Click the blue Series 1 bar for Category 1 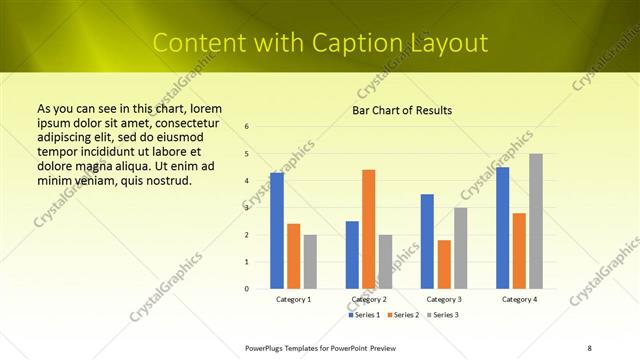[277, 231]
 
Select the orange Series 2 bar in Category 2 [369, 229]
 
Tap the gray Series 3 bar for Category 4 [536, 221]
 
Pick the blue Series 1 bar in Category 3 [427, 241]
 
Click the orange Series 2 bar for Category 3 [444, 264]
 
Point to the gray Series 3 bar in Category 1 [310, 262]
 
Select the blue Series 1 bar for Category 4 [502, 228]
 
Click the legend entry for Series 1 [364, 315]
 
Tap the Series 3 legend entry [443, 315]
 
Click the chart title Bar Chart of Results [402, 110]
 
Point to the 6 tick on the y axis [247, 127]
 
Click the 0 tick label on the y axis [247, 289]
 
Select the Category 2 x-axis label [369, 299]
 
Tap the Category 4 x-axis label [519, 299]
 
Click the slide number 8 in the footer [589, 348]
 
